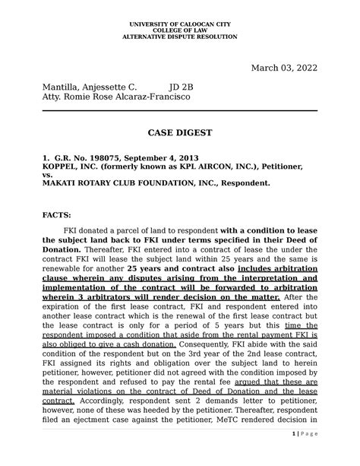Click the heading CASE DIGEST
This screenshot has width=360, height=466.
point(179,133)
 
